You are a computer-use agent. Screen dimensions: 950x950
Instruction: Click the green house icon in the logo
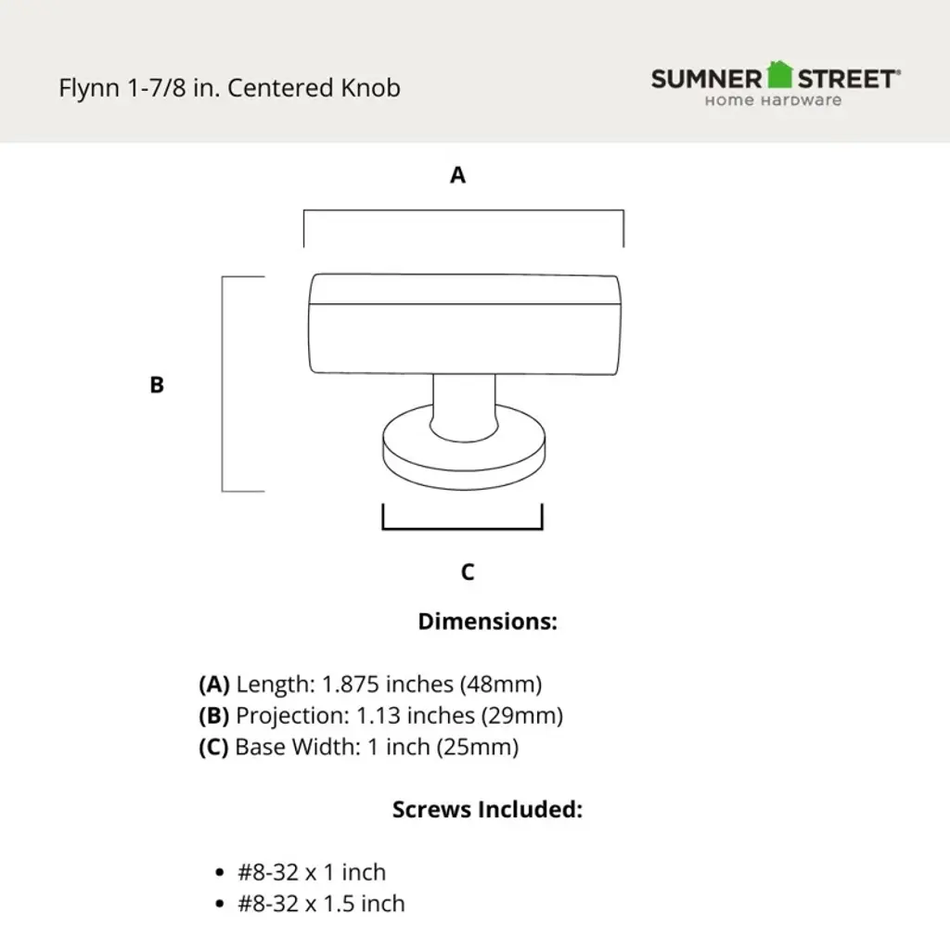[779, 74]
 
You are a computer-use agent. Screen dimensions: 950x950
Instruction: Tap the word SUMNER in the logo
[706, 80]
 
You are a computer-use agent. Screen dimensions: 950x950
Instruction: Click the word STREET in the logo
[846, 80]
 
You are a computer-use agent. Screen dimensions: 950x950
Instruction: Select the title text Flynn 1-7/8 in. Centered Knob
[229, 88]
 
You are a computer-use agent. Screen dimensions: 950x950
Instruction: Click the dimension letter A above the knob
[457, 175]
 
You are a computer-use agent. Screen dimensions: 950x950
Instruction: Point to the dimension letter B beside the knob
[156, 385]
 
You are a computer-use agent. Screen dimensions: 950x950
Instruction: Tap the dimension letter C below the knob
[468, 571]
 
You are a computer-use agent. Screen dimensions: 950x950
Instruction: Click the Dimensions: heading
[487, 622]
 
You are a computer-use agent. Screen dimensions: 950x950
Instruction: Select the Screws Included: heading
[487, 809]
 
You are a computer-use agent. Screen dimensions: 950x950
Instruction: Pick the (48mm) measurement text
[501, 685]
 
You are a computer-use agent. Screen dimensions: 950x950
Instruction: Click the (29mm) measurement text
[522, 716]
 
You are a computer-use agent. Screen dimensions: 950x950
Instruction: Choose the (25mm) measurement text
[478, 748]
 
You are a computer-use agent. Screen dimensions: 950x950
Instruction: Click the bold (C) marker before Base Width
[214, 748]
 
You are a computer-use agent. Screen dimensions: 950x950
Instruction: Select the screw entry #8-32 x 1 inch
[312, 872]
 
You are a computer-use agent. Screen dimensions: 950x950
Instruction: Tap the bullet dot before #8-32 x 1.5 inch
[220, 905]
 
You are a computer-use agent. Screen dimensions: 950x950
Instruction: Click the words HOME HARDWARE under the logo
[773, 100]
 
